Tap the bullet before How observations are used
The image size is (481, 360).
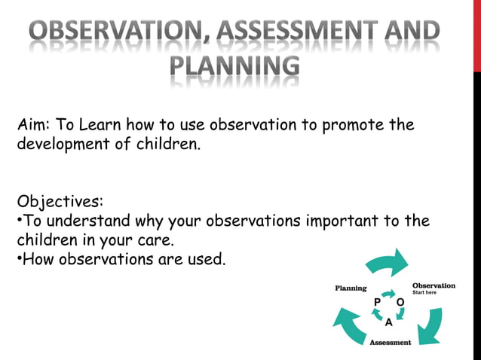[x=20, y=261]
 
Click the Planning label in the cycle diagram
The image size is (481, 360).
[x=351, y=288]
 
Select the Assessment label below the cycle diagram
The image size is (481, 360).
[x=390, y=343]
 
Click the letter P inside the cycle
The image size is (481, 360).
[x=377, y=301]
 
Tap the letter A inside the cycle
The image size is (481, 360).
[x=388, y=322]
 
